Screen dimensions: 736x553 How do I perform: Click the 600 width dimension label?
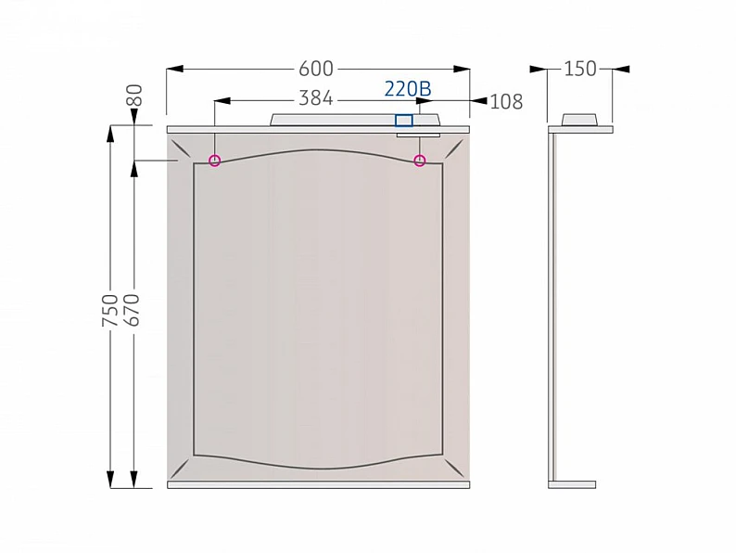pos(316,69)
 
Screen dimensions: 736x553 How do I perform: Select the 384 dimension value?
pos(316,98)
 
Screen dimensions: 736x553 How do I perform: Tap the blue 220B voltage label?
pos(408,88)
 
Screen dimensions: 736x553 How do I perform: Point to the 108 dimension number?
pos(506,101)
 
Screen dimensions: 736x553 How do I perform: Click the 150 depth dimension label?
pos(580,69)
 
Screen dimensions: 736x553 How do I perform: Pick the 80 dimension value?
pos(134,96)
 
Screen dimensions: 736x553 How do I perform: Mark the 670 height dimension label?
pos(133,310)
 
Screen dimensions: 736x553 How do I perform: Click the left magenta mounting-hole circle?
pos(214,161)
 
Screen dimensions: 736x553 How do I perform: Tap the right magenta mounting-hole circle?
pos(420,161)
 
